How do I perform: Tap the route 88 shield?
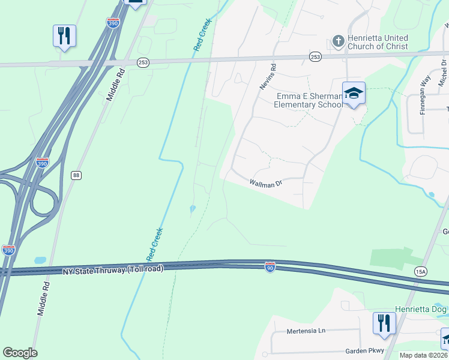tap(76, 175)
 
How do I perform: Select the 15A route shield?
tap(420, 272)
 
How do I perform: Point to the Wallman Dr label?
tap(265, 184)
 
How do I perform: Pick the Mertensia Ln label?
tap(305, 331)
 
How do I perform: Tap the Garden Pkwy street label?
tap(364, 351)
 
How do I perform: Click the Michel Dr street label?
tap(443, 70)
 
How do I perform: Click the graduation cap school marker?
tap(354, 93)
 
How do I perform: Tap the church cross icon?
tap(338, 41)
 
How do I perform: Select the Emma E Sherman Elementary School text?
tap(309, 100)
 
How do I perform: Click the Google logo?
tap(20, 353)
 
